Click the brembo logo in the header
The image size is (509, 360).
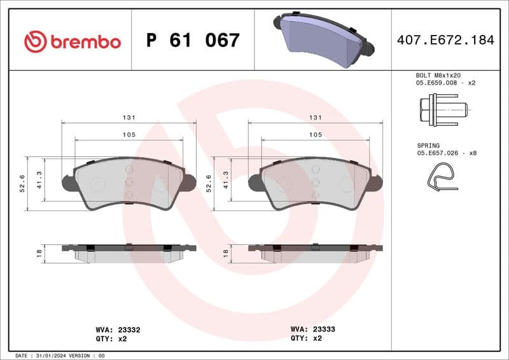[72, 42]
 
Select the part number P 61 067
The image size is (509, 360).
[193, 41]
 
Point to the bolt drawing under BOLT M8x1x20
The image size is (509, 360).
[443, 109]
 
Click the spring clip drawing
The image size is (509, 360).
[442, 177]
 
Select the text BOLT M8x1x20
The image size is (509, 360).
[438, 75]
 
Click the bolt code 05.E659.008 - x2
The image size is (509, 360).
[446, 83]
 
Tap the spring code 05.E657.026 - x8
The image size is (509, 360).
[447, 153]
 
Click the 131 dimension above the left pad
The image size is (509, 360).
[129, 118]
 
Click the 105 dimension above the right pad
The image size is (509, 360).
[315, 135]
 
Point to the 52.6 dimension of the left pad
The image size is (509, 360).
[23, 183]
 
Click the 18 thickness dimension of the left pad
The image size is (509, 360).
[39, 253]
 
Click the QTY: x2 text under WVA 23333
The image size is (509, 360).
[306, 339]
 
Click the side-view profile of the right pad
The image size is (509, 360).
[315, 253]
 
